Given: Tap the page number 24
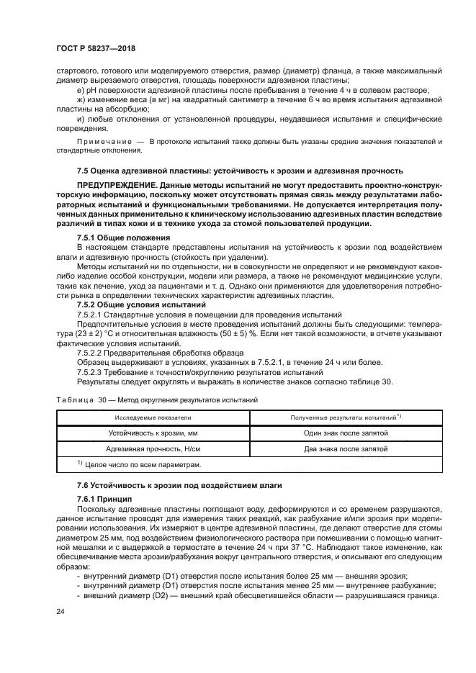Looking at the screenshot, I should pyautogui.click(x=60, y=610).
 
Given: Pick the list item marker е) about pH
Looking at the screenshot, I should pyautogui.click(x=80, y=90).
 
